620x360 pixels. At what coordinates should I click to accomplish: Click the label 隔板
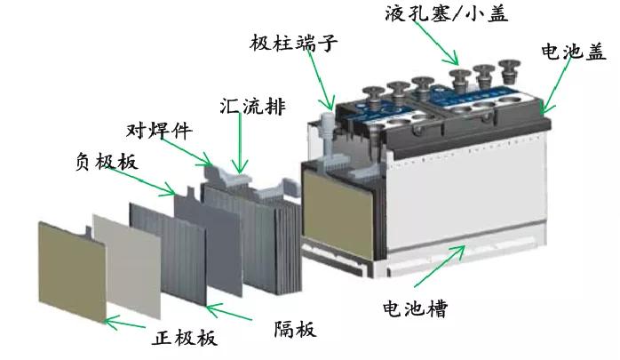292,331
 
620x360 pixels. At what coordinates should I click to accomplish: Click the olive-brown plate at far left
70,267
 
